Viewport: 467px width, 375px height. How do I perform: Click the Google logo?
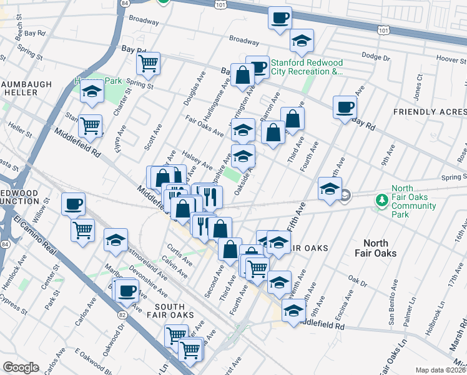tap(21, 367)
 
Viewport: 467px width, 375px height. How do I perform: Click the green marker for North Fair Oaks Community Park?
tap(381, 200)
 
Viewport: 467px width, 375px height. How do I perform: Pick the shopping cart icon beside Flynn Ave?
tap(91, 126)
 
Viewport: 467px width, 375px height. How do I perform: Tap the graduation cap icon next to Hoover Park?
tap(92, 92)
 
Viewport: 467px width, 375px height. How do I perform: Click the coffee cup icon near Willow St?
tap(74, 204)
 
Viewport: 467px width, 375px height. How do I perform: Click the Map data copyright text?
tap(441, 370)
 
